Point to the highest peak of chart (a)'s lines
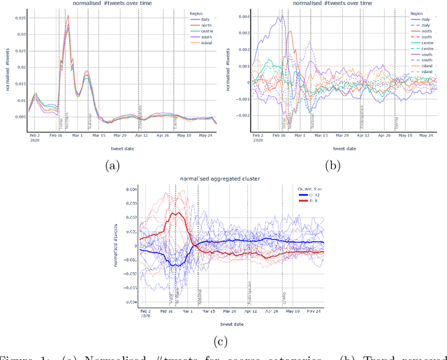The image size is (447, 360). click(68, 16)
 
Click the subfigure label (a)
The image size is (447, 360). click(112, 165)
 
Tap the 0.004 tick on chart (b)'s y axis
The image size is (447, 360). click(240, 16)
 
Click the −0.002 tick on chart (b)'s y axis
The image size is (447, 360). click(238, 114)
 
